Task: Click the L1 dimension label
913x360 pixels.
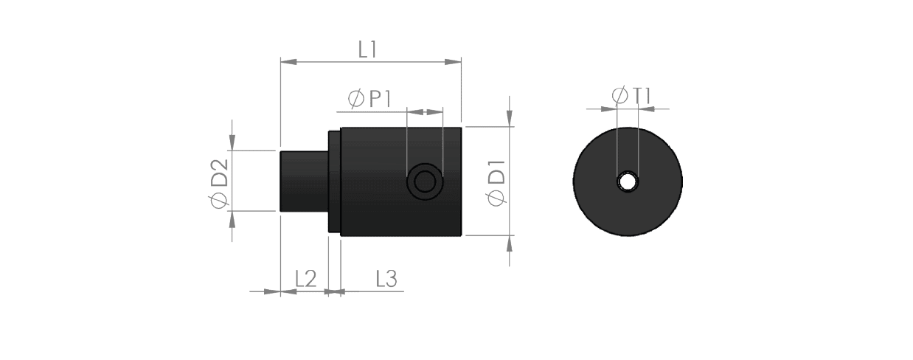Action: coord(368,49)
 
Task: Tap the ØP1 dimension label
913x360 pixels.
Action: coord(369,99)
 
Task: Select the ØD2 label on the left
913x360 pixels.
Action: coord(219,184)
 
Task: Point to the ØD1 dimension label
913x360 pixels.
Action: coord(496,183)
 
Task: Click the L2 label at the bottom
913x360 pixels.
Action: coord(306,280)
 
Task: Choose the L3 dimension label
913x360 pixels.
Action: coord(386,280)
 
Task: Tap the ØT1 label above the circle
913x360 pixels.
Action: coord(632,96)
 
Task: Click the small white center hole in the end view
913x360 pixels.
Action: coord(628,181)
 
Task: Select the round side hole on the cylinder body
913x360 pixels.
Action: coord(425,181)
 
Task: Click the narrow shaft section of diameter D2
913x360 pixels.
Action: coord(304,181)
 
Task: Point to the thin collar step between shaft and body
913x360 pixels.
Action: coord(334,181)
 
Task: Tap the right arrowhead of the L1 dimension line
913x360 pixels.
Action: coord(453,62)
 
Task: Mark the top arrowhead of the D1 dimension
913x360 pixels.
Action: coord(510,118)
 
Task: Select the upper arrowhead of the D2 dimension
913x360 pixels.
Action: coord(232,142)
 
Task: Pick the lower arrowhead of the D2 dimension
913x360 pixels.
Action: coord(232,220)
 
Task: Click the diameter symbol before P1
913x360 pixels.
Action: coord(355,100)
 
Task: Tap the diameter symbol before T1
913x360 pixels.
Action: coord(620,96)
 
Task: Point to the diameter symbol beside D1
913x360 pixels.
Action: coord(496,198)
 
